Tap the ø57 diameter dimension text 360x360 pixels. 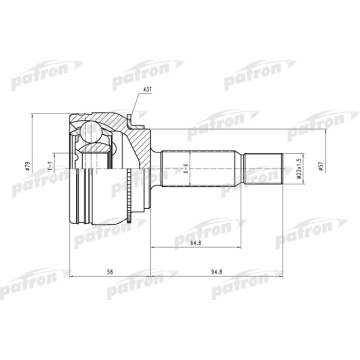point(320,167)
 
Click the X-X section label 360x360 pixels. point(186,168)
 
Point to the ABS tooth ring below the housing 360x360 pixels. point(129,217)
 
